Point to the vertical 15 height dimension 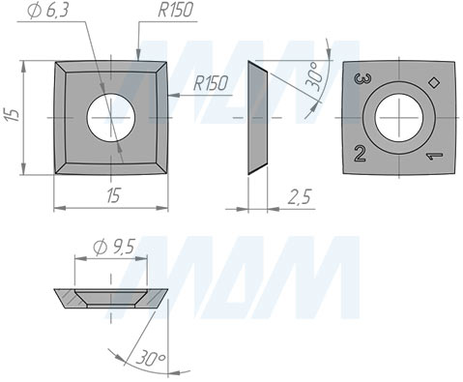(x=12, y=116)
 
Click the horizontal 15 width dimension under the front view (x=112, y=196)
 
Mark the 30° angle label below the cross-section (x=151, y=359)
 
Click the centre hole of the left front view (x=111, y=118)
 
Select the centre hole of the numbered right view (x=399, y=118)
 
